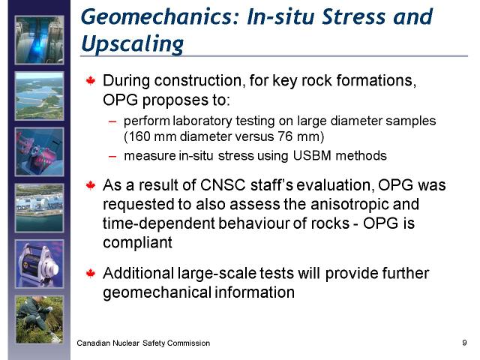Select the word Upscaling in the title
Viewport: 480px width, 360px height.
pos(133,44)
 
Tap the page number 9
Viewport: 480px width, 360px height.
pos(464,343)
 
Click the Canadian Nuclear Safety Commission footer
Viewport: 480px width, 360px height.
pos(143,343)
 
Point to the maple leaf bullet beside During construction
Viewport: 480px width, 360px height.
pos(91,81)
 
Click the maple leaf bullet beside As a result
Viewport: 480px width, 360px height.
pos(91,185)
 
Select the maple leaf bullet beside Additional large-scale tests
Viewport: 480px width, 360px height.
pos(91,273)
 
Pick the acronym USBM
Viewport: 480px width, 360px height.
pos(312,155)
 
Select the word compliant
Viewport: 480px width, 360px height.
pos(137,243)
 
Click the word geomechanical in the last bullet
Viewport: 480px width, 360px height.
pos(157,292)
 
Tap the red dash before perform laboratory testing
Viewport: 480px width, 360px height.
pos(112,121)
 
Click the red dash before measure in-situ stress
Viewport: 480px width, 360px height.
pos(112,157)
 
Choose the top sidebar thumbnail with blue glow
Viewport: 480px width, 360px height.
pos(40,40)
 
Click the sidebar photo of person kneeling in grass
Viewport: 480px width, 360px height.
pos(40,319)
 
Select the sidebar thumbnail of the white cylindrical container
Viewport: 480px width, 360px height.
pos(40,264)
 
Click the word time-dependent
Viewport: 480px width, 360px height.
pos(158,223)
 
